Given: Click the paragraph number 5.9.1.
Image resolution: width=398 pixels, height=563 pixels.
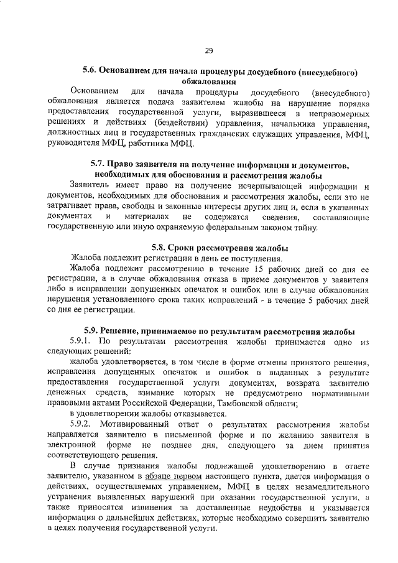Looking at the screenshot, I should coord(81,342).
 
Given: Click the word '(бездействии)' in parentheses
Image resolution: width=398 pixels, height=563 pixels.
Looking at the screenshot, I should coord(148,123).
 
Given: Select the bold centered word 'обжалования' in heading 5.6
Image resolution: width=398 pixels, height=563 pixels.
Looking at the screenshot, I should coord(208,81).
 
